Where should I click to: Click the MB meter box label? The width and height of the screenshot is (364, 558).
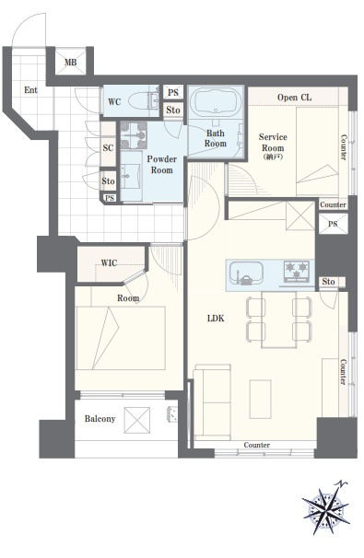tap(71, 63)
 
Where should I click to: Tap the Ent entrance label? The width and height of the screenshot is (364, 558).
tap(30, 90)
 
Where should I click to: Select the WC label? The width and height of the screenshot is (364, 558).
tap(114, 102)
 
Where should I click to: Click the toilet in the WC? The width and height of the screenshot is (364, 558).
tap(143, 101)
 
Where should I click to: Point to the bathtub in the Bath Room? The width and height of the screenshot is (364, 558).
tap(215, 102)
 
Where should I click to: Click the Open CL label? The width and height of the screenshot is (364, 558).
tap(294, 98)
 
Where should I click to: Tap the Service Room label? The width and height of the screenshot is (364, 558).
tap(273, 143)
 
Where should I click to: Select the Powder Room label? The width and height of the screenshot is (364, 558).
tap(161, 165)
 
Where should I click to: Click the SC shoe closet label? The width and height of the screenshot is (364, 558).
tap(108, 148)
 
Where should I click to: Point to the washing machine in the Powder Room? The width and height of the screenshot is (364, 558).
tap(134, 135)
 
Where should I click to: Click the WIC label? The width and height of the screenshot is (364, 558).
tap(109, 263)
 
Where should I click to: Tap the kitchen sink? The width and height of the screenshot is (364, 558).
tap(246, 273)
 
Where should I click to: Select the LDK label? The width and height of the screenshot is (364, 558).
tap(216, 319)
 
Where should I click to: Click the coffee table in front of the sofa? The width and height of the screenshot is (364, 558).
tap(261, 399)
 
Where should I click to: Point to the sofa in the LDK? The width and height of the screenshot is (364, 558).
tap(212, 401)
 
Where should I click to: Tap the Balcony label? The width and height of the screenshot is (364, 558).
tap(100, 419)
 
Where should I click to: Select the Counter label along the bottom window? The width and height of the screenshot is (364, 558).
tap(257, 445)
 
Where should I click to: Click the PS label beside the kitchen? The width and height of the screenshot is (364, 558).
tap(333, 224)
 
